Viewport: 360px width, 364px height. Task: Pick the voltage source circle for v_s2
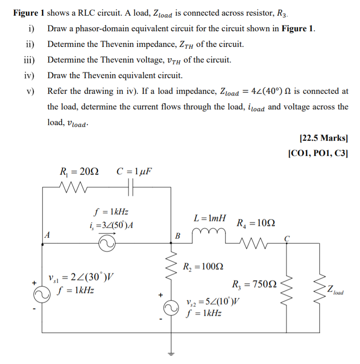tap(170, 308)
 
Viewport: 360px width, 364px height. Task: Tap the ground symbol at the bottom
tap(170, 354)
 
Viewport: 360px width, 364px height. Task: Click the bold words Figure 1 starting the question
tap(29, 13)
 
